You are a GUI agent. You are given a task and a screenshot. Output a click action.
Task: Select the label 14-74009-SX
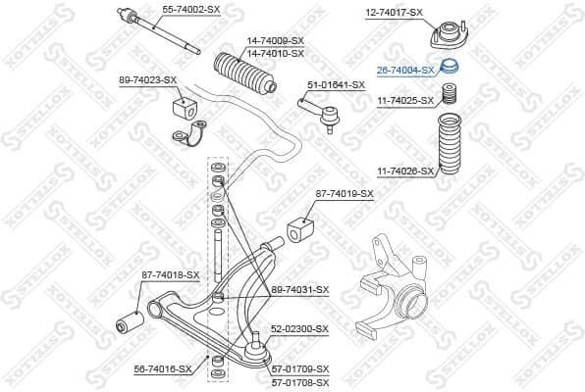point(275,40)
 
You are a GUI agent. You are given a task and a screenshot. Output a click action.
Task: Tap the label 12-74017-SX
point(394,12)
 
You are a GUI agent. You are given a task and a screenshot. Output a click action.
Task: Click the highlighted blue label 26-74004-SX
point(405,71)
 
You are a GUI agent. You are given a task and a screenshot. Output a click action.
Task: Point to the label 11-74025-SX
point(405,100)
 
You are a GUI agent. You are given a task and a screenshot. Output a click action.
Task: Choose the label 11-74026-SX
point(405,171)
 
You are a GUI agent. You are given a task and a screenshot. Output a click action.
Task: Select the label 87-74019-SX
point(344,193)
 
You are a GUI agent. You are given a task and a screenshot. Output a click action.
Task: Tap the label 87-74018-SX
point(170,275)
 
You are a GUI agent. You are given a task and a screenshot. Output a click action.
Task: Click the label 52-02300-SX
point(299,329)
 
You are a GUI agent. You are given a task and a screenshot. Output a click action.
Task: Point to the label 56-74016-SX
point(162,368)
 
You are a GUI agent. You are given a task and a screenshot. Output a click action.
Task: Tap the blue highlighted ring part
point(448,69)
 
